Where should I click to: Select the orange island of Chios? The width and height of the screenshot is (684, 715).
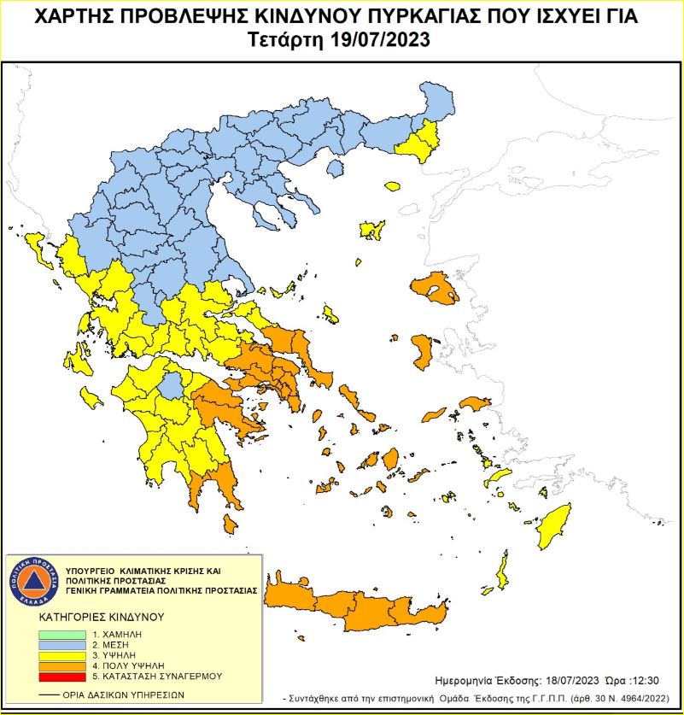422,351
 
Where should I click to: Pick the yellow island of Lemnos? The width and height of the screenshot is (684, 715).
371,230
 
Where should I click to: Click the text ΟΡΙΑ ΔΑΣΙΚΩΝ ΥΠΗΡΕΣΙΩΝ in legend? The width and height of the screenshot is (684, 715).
123,694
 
